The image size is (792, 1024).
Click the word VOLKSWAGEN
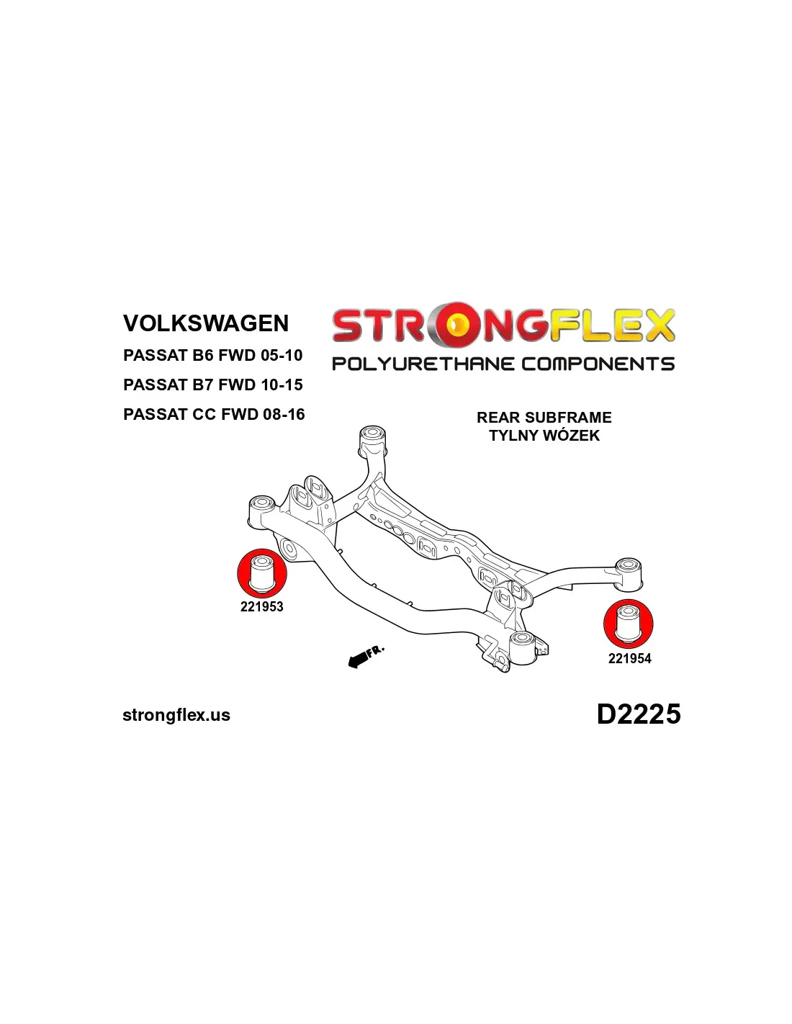click(206, 323)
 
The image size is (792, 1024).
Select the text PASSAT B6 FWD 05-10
click(212, 355)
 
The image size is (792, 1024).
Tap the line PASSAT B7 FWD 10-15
click(212, 385)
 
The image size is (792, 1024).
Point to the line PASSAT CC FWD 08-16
click(214, 414)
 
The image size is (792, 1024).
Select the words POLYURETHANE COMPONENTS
click(503, 364)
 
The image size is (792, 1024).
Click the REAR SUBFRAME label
click(544, 418)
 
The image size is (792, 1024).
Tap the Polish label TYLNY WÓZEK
click(544, 436)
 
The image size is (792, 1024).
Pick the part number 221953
click(261, 607)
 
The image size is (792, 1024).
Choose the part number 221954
click(629, 658)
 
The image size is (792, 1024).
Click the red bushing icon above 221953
click(262, 573)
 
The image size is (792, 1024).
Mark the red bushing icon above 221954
click(629, 624)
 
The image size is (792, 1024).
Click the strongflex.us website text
click(176, 715)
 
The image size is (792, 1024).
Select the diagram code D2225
click(638, 714)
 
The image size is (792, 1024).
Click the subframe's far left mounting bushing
click(261, 503)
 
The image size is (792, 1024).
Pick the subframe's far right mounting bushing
click(629, 566)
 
